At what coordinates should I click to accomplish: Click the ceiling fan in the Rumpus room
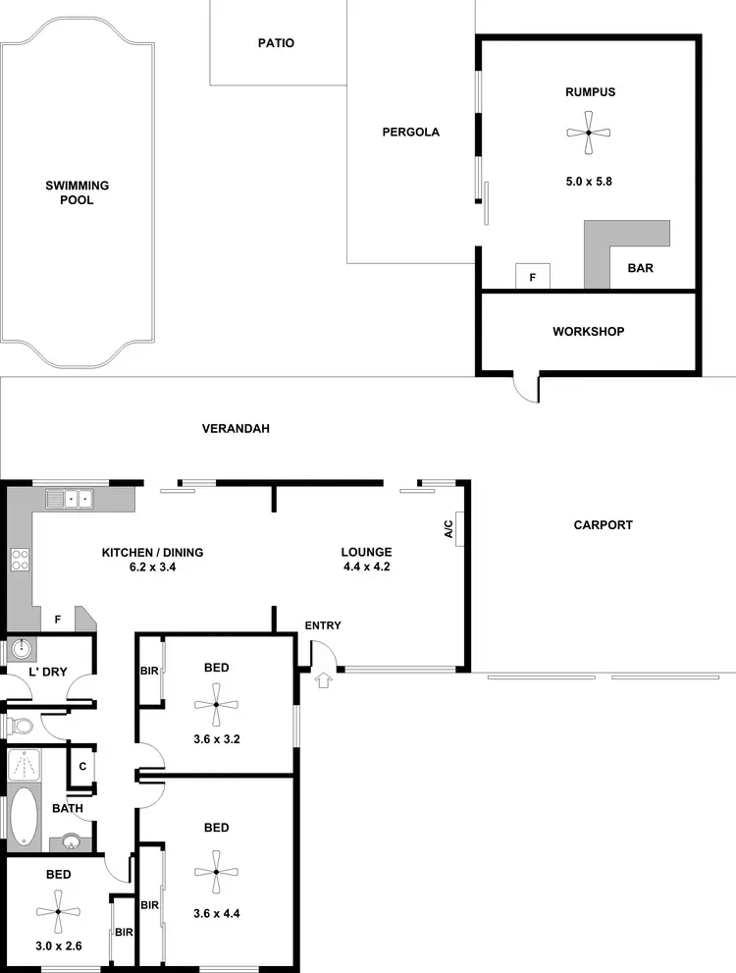point(588,133)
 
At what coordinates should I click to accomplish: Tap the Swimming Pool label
point(77,192)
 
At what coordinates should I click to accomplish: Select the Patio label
point(276,43)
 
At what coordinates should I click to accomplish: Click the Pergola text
point(410,132)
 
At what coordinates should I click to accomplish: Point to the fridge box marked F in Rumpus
point(533,277)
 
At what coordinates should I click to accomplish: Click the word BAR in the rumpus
point(640,267)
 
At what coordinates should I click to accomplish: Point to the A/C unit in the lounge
point(458,528)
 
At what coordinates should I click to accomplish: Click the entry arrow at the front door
point(326,678)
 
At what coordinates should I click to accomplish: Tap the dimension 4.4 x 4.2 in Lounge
point(367,567)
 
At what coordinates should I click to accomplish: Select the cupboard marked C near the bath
point(82,766)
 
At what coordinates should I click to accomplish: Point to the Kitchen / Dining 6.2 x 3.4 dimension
point(152,567)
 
